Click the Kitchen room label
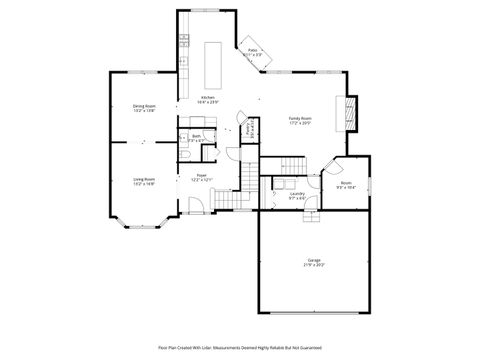pyautogui.click(x=207, y=97)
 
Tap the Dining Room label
pyautogui.click(x=144, y=106)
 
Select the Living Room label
pyautogui.click(x=144, y=179)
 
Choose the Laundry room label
pyautogui.click(x=297, y=193)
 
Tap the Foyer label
pyautogui.click(x=201, y=175)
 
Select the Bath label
pyautogui.click(x=196, y=136)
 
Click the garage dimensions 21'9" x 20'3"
pyautogui.click(x=314, y=265)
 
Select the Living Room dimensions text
pyautogui.click(x=144, y=184)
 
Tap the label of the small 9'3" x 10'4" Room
pyautogui.click(x=346, y=183)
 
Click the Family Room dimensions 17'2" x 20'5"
pyautogui.click(x=300, y=124)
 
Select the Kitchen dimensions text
pyautogui.click(x=207, y=102)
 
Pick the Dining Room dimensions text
pyautogui.click(x=144, y=111)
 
